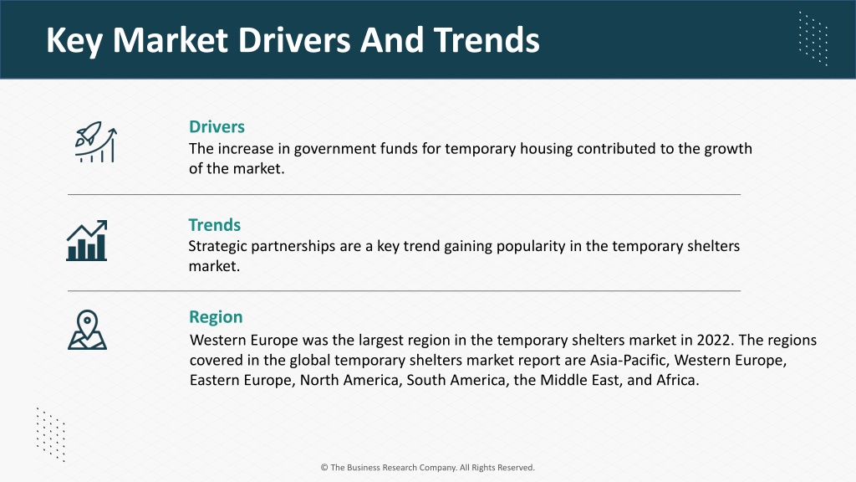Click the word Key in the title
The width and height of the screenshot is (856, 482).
74,40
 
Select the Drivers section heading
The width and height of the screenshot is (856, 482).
217,127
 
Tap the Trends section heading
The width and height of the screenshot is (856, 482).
215,224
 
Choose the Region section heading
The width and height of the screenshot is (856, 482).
216,317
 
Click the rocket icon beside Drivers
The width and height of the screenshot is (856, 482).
95,142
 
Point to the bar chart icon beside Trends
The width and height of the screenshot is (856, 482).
87,240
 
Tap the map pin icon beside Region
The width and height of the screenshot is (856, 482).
87,330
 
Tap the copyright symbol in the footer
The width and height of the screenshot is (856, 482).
324,467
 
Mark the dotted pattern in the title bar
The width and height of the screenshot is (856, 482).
813,38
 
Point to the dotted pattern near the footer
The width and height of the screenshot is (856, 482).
51,434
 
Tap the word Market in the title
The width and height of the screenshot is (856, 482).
170,40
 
